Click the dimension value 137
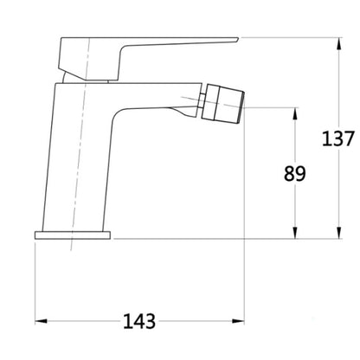(337, 138)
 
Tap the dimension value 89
(294, 174)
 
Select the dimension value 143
(139, 321)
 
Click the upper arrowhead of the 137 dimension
(339, 44)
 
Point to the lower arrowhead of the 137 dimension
(339, 233)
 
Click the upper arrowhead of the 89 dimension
(295, 114)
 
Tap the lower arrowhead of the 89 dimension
(295, 233)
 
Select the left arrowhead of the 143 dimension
(41, 321)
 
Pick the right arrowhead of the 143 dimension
(238, 321)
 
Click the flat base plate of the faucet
(73, 235)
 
